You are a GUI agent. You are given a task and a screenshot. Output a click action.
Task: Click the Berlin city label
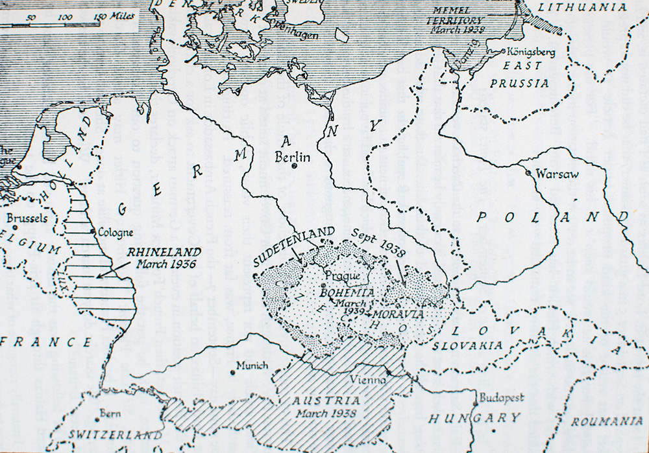tap(293, 157)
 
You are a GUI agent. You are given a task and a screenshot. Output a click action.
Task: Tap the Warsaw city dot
tap(529, 173)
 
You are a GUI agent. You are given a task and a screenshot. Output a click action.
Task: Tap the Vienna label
tap(365, 380)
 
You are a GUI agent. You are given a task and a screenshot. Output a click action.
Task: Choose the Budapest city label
tap(501, 398)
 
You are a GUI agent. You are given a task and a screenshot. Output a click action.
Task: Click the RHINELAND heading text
tap(155, 251)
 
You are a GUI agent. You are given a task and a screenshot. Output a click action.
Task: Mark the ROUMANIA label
tap(607, 421)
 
